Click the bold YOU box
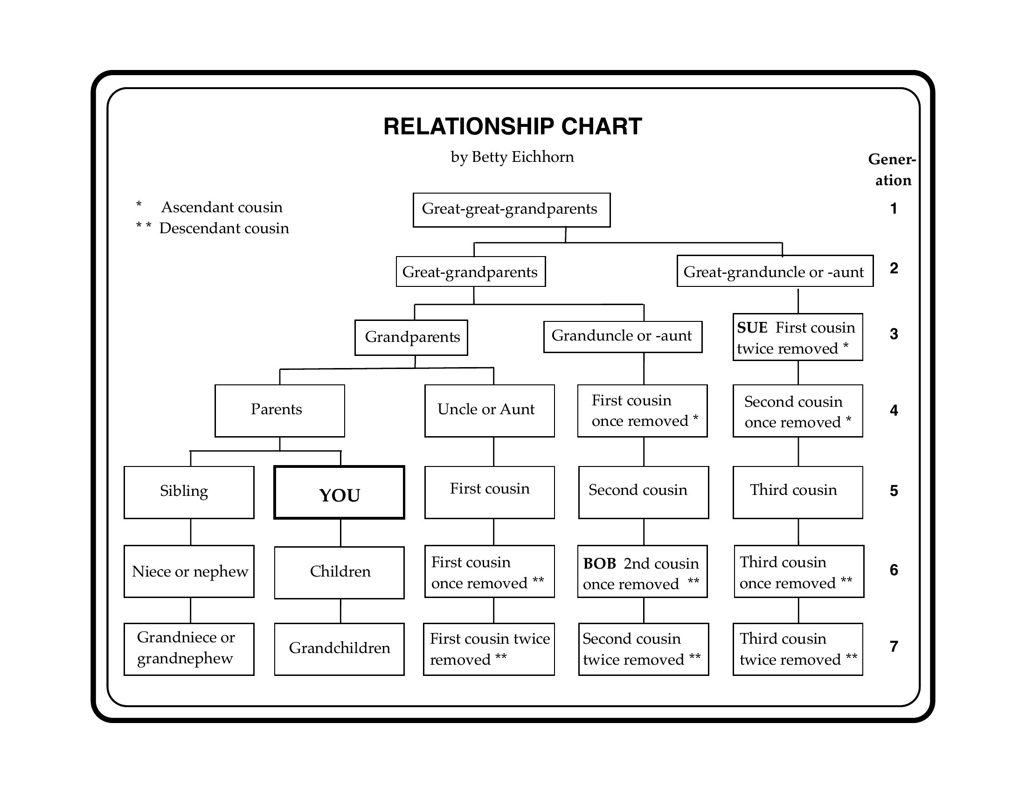click(339, 492)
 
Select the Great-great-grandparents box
click(512, 210)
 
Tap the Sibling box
click(189, 492)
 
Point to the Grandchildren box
click(339, 649)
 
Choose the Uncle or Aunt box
click(490, 410)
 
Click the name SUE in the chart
click(752, 327)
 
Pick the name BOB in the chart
click(599, 563)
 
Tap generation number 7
click(894, 647)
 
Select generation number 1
click(894, 208)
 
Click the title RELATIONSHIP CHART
click(513, 126)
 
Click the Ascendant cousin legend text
click(222, 207)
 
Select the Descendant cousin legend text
click(224, 228)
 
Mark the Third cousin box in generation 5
click(797, 492)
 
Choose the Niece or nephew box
click(189, 571)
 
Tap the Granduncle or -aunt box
click(623, 337)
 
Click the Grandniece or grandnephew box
click(189, 649)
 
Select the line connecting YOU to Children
click(340, 533)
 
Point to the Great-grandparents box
click(471, 271)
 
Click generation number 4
click(894, 410)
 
